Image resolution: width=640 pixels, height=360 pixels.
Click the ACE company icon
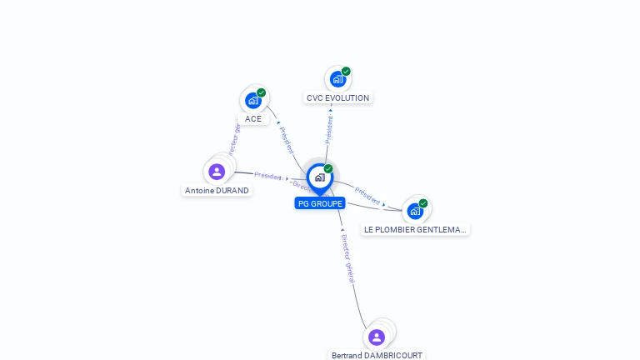coord(253,101)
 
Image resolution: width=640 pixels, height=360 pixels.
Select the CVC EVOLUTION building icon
coord(337,79)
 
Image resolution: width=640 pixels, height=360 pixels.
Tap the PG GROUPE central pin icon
coord(320,177)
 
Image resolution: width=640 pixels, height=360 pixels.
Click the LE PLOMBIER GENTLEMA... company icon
coord(415,211)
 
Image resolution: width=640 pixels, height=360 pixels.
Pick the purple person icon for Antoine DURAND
coord(217,172)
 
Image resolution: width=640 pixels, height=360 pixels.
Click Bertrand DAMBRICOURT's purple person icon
coord(377,337)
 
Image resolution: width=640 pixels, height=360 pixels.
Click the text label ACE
coord(253,119)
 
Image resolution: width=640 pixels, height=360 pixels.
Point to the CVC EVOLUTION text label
coord(337,98)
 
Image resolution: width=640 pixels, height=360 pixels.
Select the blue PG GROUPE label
coord(320,203)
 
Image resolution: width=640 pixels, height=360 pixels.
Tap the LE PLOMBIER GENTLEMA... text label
coord(415,229)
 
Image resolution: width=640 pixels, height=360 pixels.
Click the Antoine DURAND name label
coord(217,190)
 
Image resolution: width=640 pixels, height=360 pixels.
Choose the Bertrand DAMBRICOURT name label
coord(377,355)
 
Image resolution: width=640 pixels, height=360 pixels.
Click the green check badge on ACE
coord(262,92)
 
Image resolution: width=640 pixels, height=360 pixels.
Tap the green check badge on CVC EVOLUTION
coord(346,71)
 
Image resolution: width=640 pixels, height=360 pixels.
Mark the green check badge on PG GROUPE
coord(328,168)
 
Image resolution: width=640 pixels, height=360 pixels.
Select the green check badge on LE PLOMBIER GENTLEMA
coord(423,202)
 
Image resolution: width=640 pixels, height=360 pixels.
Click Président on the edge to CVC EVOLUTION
coord(329,129)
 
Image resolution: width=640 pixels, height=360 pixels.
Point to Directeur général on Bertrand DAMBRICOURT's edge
coord(348,258)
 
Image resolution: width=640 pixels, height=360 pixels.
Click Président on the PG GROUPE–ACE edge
coord(287,140)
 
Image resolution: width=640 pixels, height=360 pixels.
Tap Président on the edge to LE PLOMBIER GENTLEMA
coord(367,196)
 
